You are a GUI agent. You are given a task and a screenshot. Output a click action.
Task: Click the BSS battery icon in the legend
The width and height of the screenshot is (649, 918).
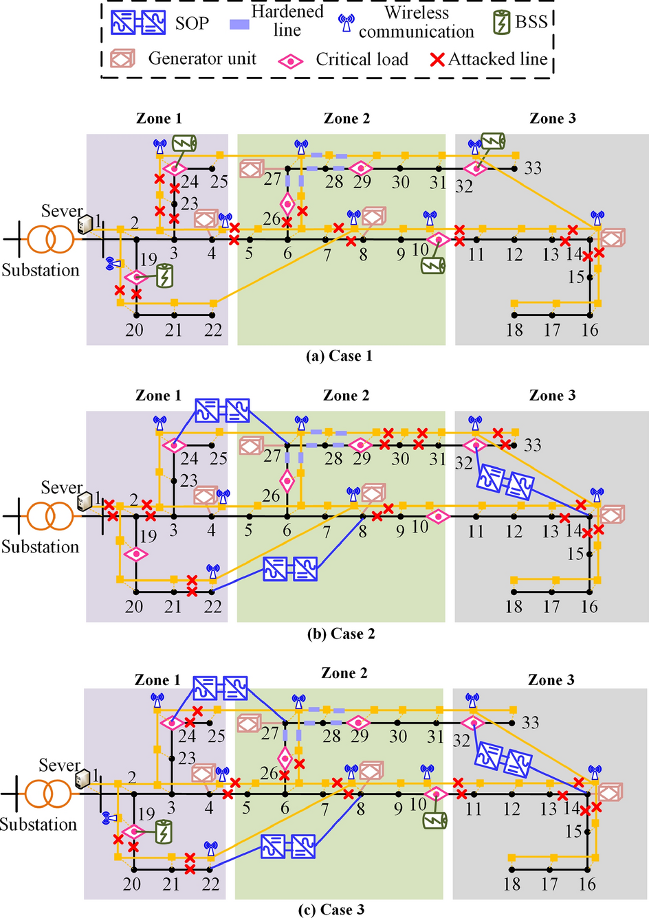pyautogui.click(x=502, y=23)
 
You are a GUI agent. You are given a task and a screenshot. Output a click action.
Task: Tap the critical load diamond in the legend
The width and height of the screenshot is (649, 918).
pyautogui.click(x=291, y=60)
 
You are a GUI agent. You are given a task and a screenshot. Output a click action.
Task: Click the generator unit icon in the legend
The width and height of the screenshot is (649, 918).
pyautogui.click(x=122, y=59)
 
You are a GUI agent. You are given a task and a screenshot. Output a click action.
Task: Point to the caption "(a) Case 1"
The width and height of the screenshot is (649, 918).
pyautogui.click(x=339, y=356)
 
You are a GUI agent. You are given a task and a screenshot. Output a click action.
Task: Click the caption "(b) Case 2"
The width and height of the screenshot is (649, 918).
pyautogui.click(x=341, y=634)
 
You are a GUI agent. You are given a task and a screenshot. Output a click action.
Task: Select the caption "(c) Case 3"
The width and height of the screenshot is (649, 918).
pyautogui.click(x=331, y=910)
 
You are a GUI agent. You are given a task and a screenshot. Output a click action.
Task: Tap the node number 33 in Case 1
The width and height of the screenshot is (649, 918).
pyautogui.click(x=533, y=168)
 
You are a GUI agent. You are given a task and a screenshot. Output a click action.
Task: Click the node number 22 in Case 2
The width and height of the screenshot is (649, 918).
pyautogui.click(x=212, y=607)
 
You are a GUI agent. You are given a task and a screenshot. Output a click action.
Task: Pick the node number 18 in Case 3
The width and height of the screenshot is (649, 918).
pyautogui.click(x=511, y=884)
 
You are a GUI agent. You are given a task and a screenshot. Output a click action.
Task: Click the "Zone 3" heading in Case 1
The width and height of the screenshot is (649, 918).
pyautogui.click(x=553, y=118)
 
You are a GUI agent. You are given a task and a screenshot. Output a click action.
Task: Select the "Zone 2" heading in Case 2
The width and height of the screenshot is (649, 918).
pyautogui.click(x=346, y=395)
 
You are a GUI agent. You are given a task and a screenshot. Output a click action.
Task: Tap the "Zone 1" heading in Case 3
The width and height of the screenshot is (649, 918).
pyautogui.click(x=157, y=680)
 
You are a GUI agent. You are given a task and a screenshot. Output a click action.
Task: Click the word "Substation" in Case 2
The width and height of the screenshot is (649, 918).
pyautogui.click(x=40, y=547)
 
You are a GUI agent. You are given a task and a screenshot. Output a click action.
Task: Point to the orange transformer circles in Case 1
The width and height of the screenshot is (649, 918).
pyautogui.click(x=50, y=239)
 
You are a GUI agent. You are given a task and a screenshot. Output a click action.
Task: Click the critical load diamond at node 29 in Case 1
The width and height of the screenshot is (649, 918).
pyautogui.click(x=360, y=168)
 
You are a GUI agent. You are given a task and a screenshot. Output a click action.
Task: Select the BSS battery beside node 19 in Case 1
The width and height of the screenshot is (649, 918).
pyautogui.click(x=165, y=276)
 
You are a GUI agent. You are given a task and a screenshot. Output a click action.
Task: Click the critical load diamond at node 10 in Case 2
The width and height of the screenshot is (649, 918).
pyautogui.click(x=438, y=517)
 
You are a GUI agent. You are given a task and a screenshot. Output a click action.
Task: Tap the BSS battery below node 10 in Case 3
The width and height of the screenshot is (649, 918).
pyautogui.click(x=434, y=820)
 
